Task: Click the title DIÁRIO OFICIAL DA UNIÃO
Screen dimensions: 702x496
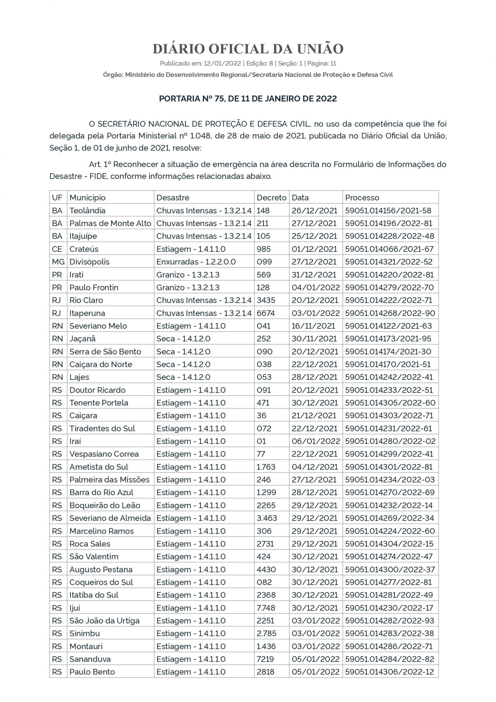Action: (x=248, y=49)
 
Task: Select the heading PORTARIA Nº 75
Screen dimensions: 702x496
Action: (x=248, y=99)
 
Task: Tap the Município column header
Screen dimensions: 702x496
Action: (x=87, y=198)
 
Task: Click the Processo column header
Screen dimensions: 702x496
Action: (x=362, y=198)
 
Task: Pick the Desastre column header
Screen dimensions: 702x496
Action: (x=173, y=198)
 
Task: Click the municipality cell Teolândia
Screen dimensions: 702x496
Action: (x=87, y=211)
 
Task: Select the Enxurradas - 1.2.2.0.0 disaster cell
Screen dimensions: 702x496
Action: (x=196, y=262)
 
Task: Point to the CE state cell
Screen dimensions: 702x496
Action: (x=57, y=249)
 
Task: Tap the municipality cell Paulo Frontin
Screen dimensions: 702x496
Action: (x=94, y=288)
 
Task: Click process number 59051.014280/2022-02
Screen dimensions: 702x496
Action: (x=390, y=441)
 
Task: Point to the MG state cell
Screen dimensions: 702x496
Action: (x=58, y=262)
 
